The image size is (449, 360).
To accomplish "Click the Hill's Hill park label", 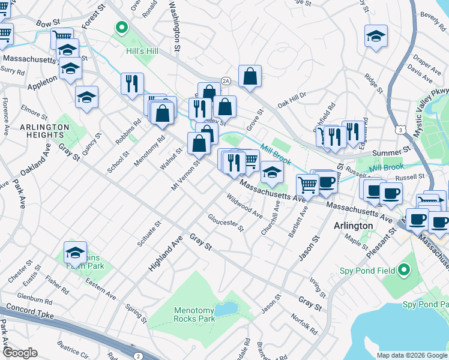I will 142,51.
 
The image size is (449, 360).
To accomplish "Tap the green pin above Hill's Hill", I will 121,27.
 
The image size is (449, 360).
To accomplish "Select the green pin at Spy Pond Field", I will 404,271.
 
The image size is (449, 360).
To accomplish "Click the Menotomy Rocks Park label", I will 194,315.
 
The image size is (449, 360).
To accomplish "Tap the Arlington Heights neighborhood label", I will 44,131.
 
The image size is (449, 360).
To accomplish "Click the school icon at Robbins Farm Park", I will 75,252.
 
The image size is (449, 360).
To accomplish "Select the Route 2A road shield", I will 226,80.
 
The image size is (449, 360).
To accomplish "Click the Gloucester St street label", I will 226,222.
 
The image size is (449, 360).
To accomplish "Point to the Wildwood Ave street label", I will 244,205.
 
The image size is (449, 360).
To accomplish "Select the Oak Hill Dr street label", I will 292,100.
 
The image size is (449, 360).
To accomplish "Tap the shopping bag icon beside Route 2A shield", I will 250,76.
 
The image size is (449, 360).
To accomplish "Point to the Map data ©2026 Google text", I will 412,355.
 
